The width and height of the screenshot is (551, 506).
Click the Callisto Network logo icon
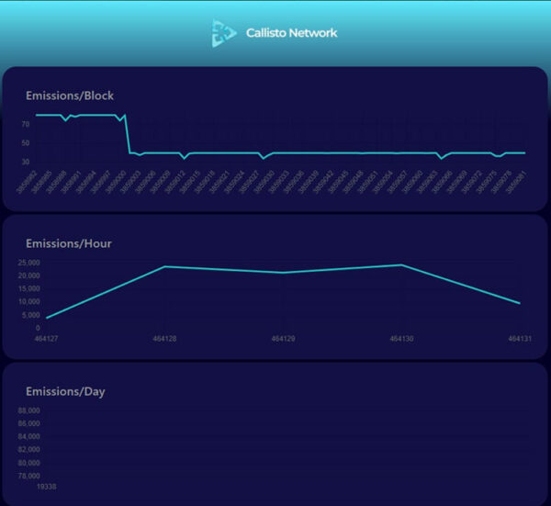click(223, 33)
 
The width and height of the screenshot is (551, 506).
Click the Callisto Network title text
click(291, 33)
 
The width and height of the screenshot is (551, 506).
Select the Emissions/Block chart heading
click(70, 96)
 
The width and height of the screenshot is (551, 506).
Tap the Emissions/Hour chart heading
click(69, 243)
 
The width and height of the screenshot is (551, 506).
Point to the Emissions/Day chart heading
click(65, 391)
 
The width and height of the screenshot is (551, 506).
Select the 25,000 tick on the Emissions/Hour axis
click(28, 263)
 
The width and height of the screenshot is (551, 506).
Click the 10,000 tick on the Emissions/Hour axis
click(28, 301)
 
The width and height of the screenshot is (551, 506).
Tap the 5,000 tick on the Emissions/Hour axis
click(31, 314)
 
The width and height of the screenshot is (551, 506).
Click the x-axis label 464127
click(46, 339)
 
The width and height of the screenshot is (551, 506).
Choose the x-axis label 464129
click(283, 339)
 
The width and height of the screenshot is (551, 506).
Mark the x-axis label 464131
click(520, 339)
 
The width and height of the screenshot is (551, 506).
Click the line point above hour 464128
click(164, 266)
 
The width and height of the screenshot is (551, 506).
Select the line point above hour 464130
click(401, 264)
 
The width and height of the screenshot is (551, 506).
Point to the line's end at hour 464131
click(520, 303)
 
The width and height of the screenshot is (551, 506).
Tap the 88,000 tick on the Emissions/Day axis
click(28, 410)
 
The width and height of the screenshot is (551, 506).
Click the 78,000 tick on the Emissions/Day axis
click(28, 476)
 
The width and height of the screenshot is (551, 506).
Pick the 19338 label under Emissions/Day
click(46, 487)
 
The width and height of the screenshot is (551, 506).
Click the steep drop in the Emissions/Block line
click(127, 134)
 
